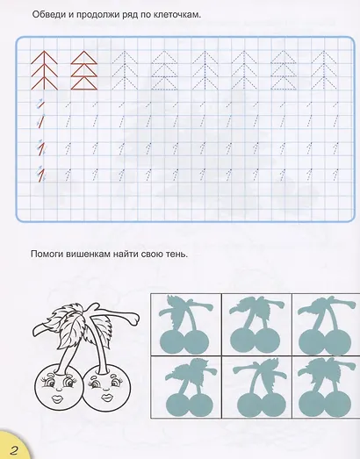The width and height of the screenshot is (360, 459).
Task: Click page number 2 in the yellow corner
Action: tap(13, 449)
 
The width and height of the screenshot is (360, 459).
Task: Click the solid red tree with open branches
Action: tap(44, 70)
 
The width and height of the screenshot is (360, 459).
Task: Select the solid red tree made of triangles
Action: tap(84, 70)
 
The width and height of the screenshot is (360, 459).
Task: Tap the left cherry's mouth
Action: tap(56, 398)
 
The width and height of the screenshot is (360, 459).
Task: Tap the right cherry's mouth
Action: tap(105, 398)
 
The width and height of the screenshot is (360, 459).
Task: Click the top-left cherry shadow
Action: tap(185, 325)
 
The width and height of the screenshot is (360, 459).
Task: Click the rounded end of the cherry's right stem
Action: tap(134, 319)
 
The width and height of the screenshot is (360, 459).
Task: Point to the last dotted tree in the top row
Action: tap(324, 70)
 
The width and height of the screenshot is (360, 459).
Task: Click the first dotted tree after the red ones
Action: tap(124, 70)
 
